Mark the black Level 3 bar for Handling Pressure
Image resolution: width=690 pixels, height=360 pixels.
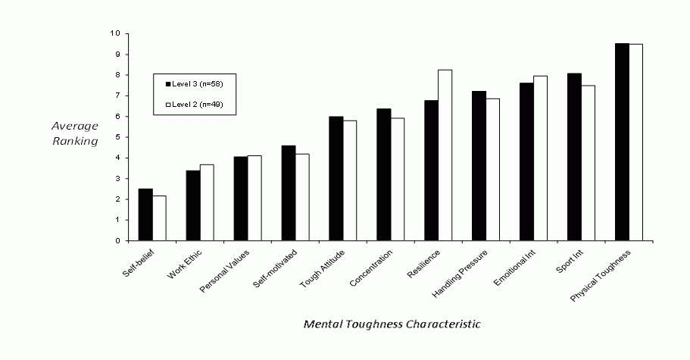tap(479, 166)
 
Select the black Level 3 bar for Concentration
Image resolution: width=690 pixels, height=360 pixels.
tap(383, 175)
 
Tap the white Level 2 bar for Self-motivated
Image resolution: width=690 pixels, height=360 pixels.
tap(301, 197)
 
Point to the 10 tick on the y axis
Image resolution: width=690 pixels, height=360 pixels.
tap(114, 33)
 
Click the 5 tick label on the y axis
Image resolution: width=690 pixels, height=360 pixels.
tap(116, 137)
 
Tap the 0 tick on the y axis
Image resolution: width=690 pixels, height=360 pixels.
tap(116, 241)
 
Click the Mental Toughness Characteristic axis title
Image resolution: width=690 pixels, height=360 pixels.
tap(392, 324)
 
